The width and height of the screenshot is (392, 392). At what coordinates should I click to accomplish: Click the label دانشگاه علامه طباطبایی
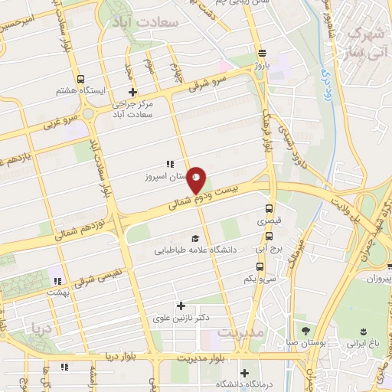[x=193, y=250]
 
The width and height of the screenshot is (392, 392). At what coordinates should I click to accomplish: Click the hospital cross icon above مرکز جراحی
[x=132, y=93]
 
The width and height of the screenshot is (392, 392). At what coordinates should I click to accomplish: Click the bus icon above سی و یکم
[x=260, y=266]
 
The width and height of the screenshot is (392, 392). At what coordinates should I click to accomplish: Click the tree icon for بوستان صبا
[x=306, y=331]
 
